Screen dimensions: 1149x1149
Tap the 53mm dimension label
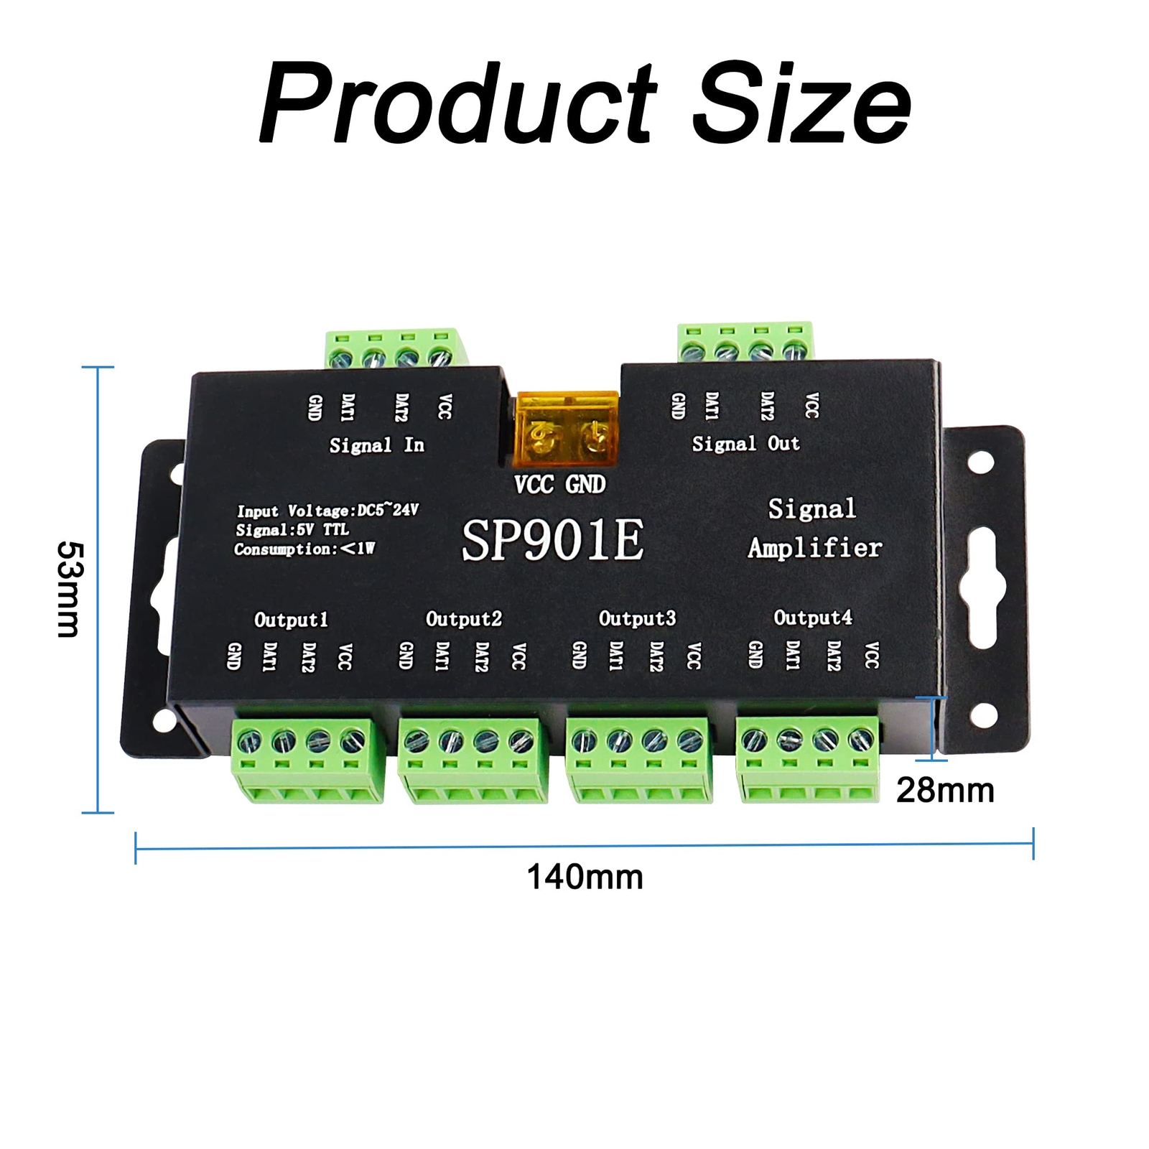[x=70, y=589]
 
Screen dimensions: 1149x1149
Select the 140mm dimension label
[x=585, y=878]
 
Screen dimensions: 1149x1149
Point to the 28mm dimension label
[x=945, y=791]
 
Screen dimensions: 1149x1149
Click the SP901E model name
[x=552, y=540]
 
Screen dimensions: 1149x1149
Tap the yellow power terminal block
[x=567, y=429]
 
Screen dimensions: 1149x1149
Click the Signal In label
[x=376, y=445]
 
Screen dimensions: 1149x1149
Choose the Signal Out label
[x=745, y=444]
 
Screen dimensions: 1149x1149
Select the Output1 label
[x=291, y=619]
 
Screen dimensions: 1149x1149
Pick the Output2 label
[x=464, y=618]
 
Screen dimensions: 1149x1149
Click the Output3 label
[x=637, y=618]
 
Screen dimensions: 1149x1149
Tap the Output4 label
[x=813, y=617]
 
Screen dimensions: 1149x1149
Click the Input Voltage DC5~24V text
[x=327, y=511]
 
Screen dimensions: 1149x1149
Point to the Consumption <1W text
[x=304, y=549]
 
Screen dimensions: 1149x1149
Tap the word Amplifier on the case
[x=815, y=548]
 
